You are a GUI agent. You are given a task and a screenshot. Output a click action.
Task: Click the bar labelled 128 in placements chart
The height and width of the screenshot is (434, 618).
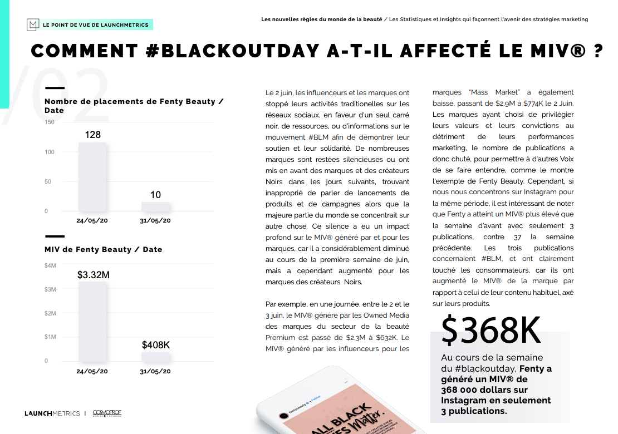pyautogui.click(x=92, y=176)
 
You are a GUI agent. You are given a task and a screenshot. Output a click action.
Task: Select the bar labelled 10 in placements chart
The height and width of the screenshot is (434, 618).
pyautogui.click(x=155, y=206)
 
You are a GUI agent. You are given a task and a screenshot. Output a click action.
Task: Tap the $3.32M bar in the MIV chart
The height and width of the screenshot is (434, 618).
pyautogui.click(x=92, y=322)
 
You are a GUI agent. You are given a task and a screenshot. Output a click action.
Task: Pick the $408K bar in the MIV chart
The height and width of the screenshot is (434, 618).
pyautogui.click(x=155, y=357)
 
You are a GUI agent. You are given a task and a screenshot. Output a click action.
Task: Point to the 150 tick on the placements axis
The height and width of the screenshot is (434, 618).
pyautogui.click(x=50, y=122)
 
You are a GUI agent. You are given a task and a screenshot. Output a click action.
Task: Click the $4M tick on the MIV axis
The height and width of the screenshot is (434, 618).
pyautogui.click(x=50, y=266)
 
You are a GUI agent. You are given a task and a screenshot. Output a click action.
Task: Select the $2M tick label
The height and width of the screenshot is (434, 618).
pyautogui.click(x=50, y=313)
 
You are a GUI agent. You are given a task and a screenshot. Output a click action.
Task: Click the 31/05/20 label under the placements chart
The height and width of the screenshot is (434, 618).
pyautogui.click(x=155, y=220)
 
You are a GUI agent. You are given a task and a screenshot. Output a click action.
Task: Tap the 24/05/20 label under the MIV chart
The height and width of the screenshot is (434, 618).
pyautogui.click(x=92, y=371)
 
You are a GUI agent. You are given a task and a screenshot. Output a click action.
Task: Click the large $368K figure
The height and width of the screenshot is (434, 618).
pyautogui.click(x=491, y=331)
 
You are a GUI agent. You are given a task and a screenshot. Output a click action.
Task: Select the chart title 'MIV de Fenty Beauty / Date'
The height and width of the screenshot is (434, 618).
pyautogui.click(x=104, y=249)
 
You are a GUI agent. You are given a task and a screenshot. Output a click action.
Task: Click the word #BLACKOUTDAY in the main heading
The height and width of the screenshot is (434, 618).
pyautogui.click(x=232, y=51)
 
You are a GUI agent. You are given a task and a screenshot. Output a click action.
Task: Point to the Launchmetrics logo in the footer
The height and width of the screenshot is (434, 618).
pyautogui.click(x=52, y=413)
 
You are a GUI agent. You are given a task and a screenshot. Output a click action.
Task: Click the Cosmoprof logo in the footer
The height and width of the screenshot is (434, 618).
pyautogui.click(x=107, y=413)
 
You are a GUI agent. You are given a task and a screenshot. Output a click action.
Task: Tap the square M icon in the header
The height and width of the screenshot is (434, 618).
pyautogui.click(x=33, y=24)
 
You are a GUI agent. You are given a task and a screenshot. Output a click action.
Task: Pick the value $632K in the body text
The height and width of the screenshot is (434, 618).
pyautogui.click(x=386, y=337)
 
